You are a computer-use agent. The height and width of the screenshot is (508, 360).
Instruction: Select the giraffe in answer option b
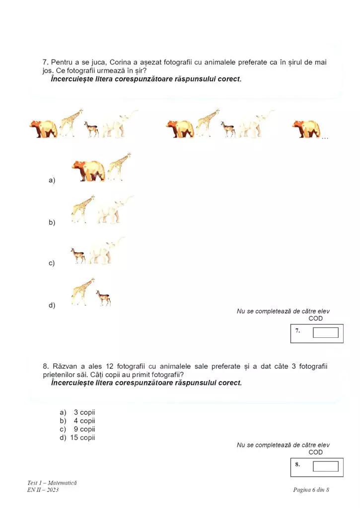coord(82,209)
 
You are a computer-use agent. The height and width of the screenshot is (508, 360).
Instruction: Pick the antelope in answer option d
coord(103,298)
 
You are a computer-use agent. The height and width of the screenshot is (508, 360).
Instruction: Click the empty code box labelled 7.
coord(325,332)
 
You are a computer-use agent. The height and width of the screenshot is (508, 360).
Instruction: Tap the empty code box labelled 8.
coord(325,466)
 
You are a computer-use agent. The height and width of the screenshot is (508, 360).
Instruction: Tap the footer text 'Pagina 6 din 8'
coord(311,490)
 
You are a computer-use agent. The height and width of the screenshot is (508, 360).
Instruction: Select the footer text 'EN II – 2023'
coord(43,490)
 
